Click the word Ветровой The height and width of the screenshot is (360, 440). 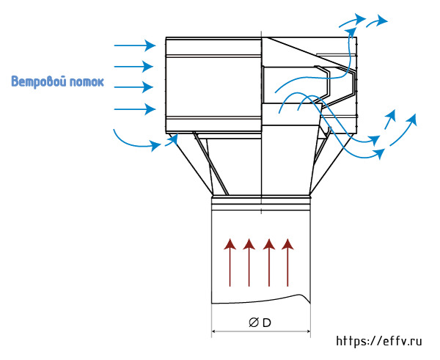tap(39, 81)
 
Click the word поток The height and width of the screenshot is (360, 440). tap(87, 82)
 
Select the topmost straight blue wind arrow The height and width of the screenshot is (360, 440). tap(135, 45)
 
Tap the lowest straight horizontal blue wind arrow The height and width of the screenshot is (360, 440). tap(135, 109)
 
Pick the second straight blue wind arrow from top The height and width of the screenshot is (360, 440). tap(133, 67)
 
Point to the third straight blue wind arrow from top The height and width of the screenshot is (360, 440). tap(133, 87)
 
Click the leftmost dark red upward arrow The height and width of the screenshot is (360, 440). tap(230, 262)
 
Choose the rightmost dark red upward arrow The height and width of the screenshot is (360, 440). tap(287, 262)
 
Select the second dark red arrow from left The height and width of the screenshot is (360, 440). tap(249, 262)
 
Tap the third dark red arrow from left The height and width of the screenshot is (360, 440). tap(269, 262)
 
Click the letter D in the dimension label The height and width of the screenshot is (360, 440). tap(267, 323)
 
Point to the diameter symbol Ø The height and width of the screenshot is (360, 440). tap(254, 323)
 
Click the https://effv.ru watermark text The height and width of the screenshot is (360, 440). tap(379, 341)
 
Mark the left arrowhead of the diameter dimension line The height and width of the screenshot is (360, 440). tap(213, 331)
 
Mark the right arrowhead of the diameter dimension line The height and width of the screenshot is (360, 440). tap(309, 331)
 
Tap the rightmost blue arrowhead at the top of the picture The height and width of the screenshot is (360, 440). tap(381, 20)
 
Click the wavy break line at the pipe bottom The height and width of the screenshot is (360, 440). tap(261, 300)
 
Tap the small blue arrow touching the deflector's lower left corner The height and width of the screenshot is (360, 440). tap(172, 139)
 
